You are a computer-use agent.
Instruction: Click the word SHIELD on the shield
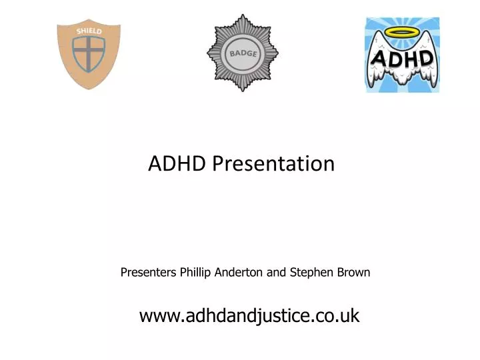coord(89,31)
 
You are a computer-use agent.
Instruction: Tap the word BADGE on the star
coord(242,53)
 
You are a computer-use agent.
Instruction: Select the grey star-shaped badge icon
coord(242,53)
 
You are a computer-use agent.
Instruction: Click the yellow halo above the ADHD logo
coord(402,33)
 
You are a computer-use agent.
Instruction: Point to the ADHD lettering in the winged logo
coord(402,59)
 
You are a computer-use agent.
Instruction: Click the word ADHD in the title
coord(170,163)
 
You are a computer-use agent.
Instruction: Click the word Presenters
coord(148,272)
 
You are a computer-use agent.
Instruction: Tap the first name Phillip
coord(197,272)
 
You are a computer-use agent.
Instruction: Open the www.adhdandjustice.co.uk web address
coord(249,315)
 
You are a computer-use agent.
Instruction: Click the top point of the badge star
coord(242,16)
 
